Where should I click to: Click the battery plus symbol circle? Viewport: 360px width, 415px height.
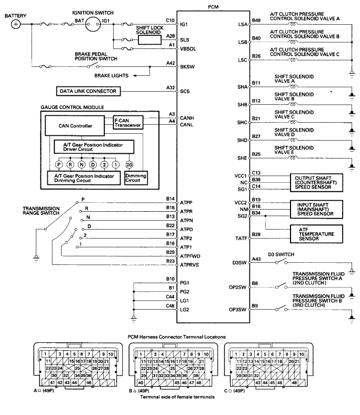[x=16, y=24]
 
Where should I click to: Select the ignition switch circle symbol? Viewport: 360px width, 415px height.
[x=93, y=24]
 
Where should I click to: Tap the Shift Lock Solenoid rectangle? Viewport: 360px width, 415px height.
[x=149, y=40]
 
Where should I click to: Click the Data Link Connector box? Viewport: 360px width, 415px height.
[x=88, y=91]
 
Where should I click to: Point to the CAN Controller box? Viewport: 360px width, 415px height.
[x=75, y=126]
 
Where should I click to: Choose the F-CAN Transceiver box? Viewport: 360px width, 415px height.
[x=128, y=123]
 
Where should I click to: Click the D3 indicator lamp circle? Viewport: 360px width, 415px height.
[x=129, y=165]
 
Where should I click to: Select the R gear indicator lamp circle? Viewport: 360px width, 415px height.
[x=70, y=165]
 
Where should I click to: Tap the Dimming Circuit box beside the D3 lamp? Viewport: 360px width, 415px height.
[x=136, y=178]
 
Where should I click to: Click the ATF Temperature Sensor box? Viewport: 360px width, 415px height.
[x=316, y=234]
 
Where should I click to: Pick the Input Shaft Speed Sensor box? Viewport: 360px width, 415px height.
[x=316, y=210]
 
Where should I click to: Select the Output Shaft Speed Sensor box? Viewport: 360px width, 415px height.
[x=316, y=183]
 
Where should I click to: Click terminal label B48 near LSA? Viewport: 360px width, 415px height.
[x=256, y=21]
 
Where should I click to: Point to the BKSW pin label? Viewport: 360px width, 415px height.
[x=187, y=67]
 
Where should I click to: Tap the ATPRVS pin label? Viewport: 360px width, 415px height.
[x=189, y=265]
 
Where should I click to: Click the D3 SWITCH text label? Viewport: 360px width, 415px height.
[x=281, y=254]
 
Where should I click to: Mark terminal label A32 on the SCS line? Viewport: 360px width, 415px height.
[x=171, y=87]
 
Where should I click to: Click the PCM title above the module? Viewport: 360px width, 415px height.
[x=213, y=7]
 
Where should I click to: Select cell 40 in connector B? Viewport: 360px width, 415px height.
[x=141, y=383]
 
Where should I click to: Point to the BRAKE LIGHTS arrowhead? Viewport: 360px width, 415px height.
[x=135, y=76]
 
